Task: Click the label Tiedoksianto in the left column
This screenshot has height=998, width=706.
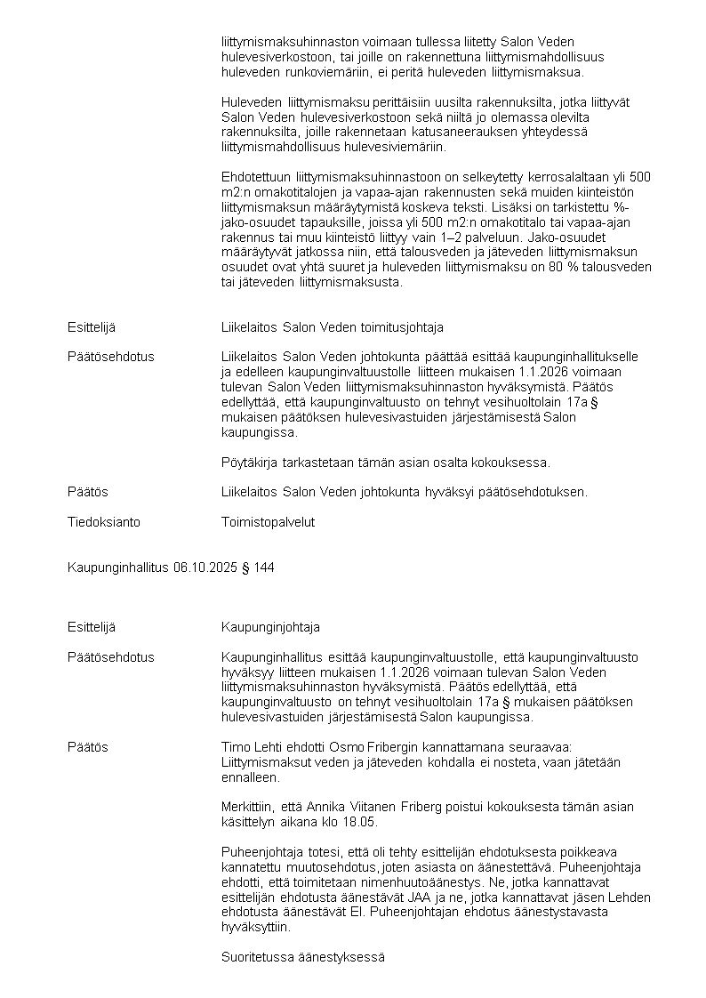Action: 104,522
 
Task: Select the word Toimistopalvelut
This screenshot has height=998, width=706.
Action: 268,522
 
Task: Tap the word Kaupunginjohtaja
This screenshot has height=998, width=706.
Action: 270,627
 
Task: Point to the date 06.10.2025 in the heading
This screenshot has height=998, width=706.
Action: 206,567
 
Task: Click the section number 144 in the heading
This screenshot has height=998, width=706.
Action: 263,567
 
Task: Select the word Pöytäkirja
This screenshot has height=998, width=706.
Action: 250,462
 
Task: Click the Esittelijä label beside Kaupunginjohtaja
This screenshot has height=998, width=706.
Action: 92,627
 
